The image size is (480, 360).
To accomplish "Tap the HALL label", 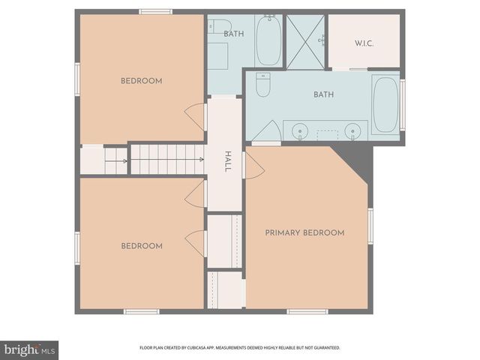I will coord(227,161).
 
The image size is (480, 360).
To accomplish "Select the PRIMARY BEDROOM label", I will coord(304,233).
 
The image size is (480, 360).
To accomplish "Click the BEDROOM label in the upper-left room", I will coord(141,81).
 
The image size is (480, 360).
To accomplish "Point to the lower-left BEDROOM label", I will coord(141,246).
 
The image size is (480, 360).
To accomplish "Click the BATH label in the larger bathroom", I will coord(323,94).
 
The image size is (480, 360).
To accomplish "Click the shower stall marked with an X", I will coord(305,41).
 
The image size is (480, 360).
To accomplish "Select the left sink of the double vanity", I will coord(301,131).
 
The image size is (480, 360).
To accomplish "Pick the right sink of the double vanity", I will coord(352,131).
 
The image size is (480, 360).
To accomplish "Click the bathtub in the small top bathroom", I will coord(268,41).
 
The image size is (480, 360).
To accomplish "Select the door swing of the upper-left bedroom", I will coord(196,116).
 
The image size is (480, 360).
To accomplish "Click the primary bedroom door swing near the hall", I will coord(253,166).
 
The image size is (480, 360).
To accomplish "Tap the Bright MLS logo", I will coord(29,349).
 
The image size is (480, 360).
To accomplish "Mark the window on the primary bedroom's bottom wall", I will coord(307,311).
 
